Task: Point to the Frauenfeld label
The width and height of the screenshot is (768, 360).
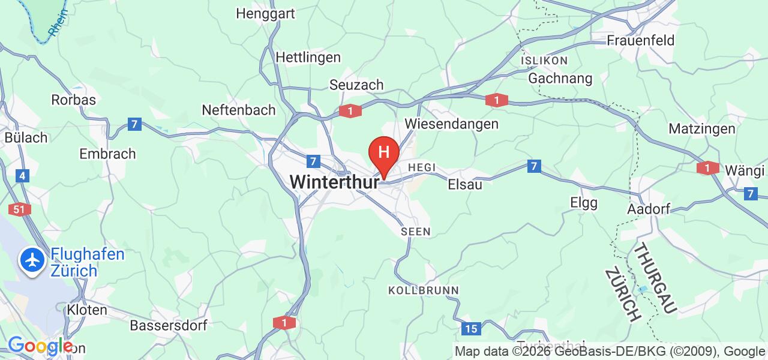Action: (x=640, y=41)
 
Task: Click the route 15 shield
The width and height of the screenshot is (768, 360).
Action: (x=472, y=328)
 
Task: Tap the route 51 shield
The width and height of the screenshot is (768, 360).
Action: (x=17, y=209)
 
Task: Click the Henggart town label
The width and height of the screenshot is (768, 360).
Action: (x=265, y=13)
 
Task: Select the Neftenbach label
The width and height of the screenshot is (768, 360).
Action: (x=239, y=110)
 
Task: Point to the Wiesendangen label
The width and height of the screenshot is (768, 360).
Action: (x=452, y=124)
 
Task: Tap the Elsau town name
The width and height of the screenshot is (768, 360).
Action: (x=465, y=185)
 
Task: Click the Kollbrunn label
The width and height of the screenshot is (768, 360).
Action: (x=424, y=290)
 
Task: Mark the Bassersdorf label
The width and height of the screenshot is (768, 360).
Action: (x=169, y=326)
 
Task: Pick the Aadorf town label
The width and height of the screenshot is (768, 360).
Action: (x=647, y=209)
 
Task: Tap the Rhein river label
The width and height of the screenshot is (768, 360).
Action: (x=58, y=22)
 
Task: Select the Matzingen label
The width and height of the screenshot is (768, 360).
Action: (x=702, y=129)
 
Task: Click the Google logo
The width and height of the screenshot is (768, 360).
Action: (x=40, y=346)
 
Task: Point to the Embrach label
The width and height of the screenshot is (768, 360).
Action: (x=107, y=154)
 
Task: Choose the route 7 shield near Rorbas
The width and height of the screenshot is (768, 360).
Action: (x=134, y=125)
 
